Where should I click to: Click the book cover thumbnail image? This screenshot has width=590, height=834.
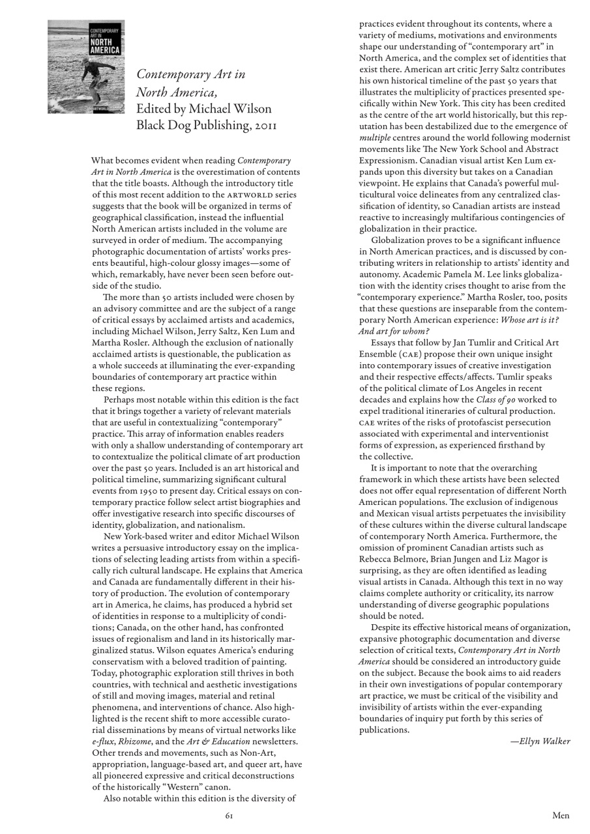coord(86,66)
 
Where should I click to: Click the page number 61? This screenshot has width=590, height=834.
coord(229,815)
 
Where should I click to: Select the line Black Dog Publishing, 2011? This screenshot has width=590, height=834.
coord(206,125)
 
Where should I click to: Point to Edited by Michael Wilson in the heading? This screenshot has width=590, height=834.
coord(203,108)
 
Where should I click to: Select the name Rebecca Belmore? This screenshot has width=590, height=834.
coord(390,559)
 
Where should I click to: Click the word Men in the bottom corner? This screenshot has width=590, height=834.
coord(561,815)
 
